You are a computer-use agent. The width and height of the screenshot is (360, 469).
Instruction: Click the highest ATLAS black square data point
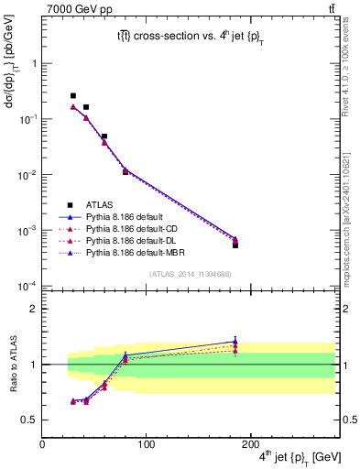73,95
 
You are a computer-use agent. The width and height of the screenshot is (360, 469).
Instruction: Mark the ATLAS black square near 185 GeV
235,245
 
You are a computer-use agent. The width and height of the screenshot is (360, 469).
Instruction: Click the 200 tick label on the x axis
253,444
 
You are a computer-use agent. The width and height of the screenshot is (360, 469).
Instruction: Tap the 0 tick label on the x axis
42,444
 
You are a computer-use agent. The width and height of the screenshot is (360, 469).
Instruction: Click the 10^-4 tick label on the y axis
26,287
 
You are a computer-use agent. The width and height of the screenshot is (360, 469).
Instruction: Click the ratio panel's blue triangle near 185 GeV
235,342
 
